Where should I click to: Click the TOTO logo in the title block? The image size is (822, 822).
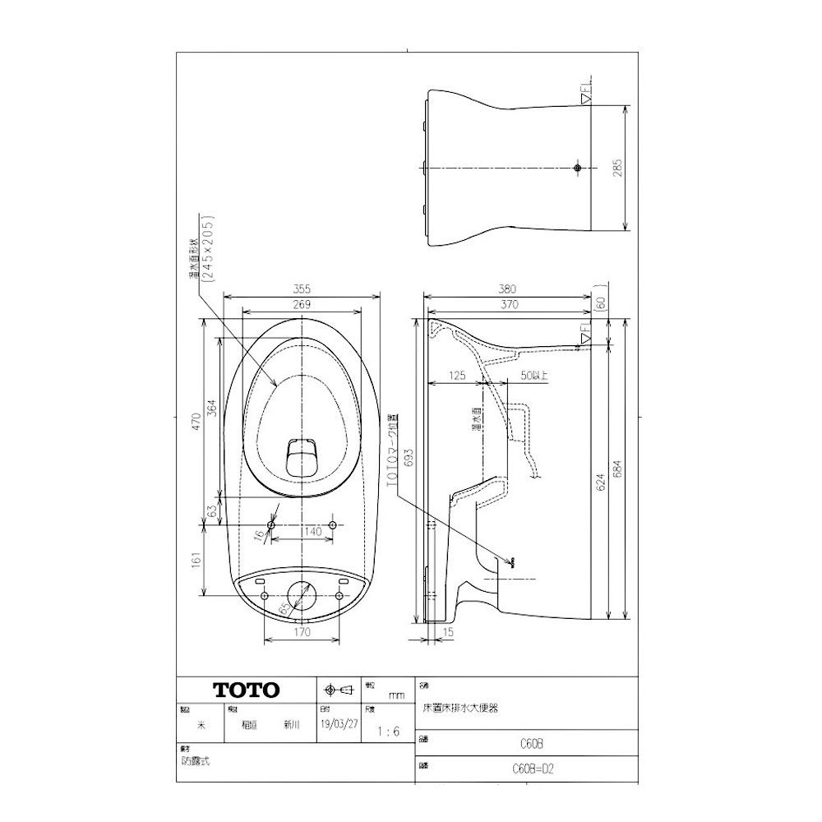point(247,690)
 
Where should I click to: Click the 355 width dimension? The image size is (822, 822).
point(302,289)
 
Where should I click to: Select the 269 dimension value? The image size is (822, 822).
point(302,305)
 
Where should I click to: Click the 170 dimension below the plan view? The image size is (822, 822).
point(302,633)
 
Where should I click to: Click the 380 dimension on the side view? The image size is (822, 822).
point(508,289)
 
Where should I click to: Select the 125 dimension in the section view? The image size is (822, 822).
point(458,376)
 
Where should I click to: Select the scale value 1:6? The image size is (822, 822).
point(387,731)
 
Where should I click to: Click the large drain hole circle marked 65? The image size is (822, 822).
point(301,594)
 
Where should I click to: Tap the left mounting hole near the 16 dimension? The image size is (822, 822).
point(271,525)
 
